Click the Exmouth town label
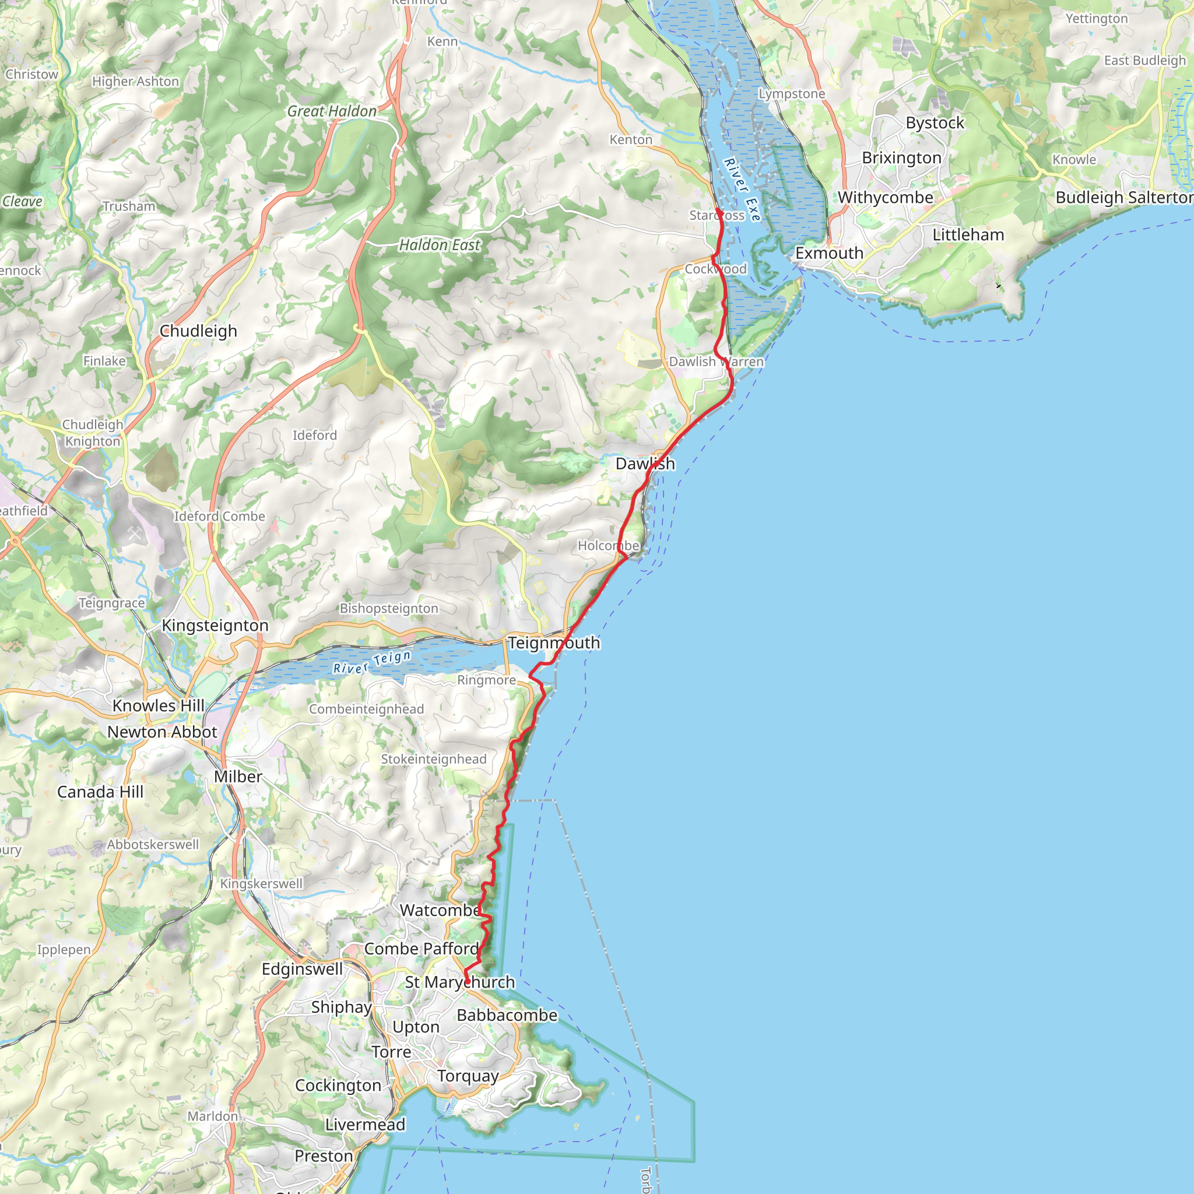click(829, 254)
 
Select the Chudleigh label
click(198, 331)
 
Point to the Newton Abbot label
click(162, 732)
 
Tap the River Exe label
click(742, 189)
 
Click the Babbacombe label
click(507, 1015)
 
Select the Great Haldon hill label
click(332, 111)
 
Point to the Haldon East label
click(439, 245)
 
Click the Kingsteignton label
click(215, 626)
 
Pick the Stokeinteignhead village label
click(433, 759)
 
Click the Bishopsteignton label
click(389, 608)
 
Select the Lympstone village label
click(792, 94)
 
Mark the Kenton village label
click(630, 140)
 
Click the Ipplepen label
click(64, 949)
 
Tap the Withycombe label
click(885, 198)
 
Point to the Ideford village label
click(315, 435)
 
